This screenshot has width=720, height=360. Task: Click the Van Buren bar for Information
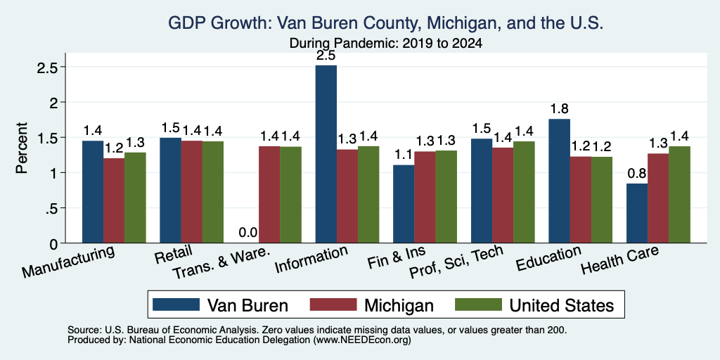pyautogui.click(x=326, y=154)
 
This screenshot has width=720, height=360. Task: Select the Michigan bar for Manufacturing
pyautogui.click(x=114, y=200)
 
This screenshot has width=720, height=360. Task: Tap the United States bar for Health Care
pyautogui.click(x=680, y=195)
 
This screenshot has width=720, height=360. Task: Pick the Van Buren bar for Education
pyautogui.click(x=559, y=181)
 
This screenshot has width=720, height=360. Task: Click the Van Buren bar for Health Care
pyautogui.click(x=637, y=213)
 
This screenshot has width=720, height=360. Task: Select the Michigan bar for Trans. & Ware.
pyautogui.click(x=269, y=195)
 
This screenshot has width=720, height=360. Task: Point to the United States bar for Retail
pyautogui.click(x=213, y=192)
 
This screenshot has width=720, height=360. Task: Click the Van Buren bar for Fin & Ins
pyautogui.click(x=404, y=204)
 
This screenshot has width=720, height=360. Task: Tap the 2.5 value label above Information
pyautogui.click(x=326, y=56)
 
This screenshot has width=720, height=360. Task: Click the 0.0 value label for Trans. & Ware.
pyautogui.click(x=248, y=233)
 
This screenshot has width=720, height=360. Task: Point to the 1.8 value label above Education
pyautogui.click(x=559, y=109)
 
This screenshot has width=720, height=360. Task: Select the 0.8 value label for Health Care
pyautogui.click(x=637, y=174)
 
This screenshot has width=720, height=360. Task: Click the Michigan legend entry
pyautogui.click(x=372, y=305)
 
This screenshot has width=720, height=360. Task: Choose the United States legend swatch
pyautogui.click(x=478, y=304)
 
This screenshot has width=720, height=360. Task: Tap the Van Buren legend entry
pyautogui.click(x=220, y=305)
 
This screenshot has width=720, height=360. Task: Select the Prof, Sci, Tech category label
pyautogui.click(x=456, y=262)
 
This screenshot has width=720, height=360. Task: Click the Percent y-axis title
pyautogui.click(x=22, y=148)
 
